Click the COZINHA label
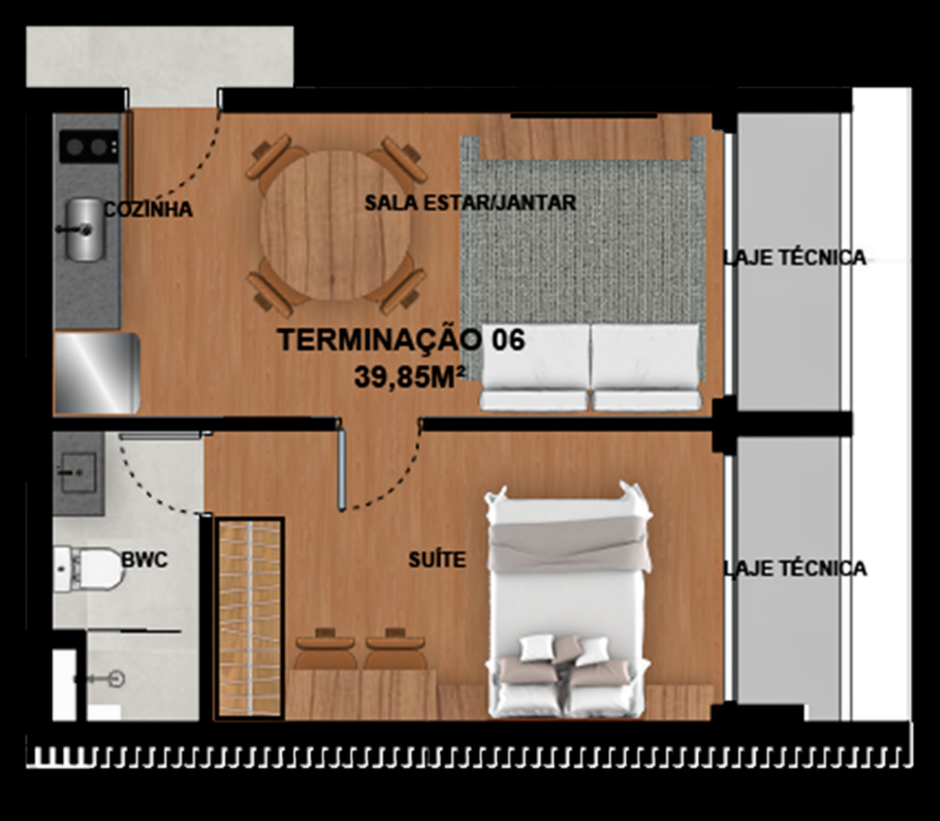(x=148, y=210)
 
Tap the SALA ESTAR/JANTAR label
(x=470, y=203)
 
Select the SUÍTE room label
(x=437, y=560)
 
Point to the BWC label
(x=144, y=559)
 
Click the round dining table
(x=336, y=225)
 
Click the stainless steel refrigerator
(x=96, y=373)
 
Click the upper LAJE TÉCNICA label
(x=795, y=258)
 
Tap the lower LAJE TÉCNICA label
(x=795, y=569)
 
